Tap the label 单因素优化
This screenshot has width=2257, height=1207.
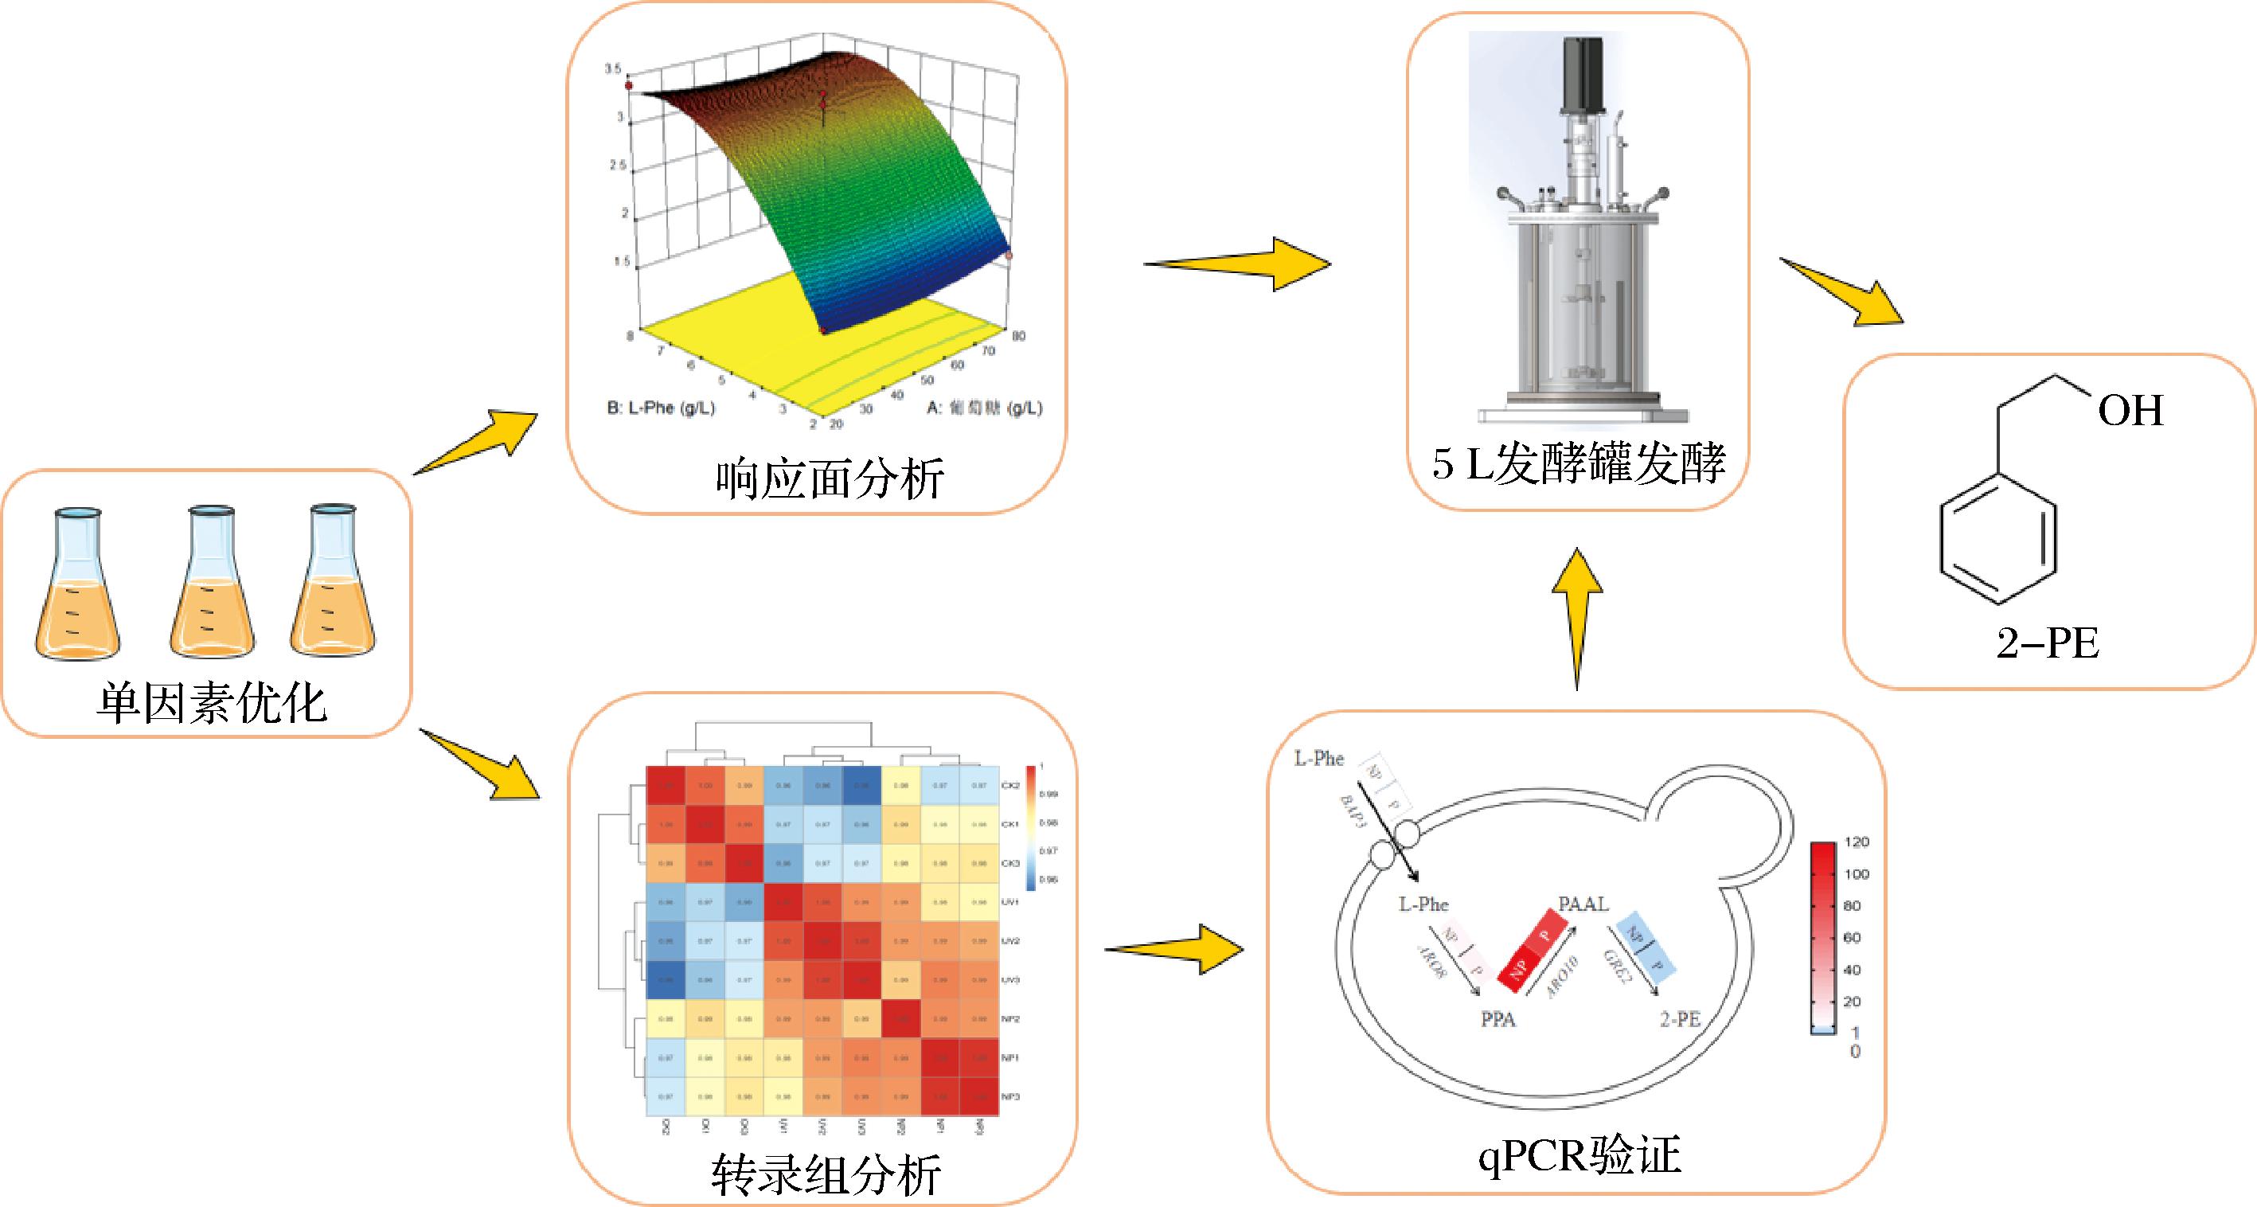(211, 703)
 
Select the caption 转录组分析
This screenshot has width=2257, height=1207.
(826, 1174)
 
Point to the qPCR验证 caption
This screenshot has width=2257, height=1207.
(1580, 1155)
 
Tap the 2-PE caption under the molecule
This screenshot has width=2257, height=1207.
(2048, 645)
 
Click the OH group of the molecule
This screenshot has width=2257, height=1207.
(2130, 411)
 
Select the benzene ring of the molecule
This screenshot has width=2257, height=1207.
(1997, 539)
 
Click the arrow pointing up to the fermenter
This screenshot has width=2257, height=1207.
(1577, 618)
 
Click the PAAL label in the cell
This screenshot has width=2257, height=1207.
(1583, 904)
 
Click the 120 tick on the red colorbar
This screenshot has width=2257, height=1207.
(1857, 842)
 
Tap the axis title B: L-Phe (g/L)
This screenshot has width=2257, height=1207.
(662, 408)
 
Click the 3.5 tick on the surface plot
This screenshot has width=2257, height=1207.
(613, 69)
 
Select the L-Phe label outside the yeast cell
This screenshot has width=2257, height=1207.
(1318, 759)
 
